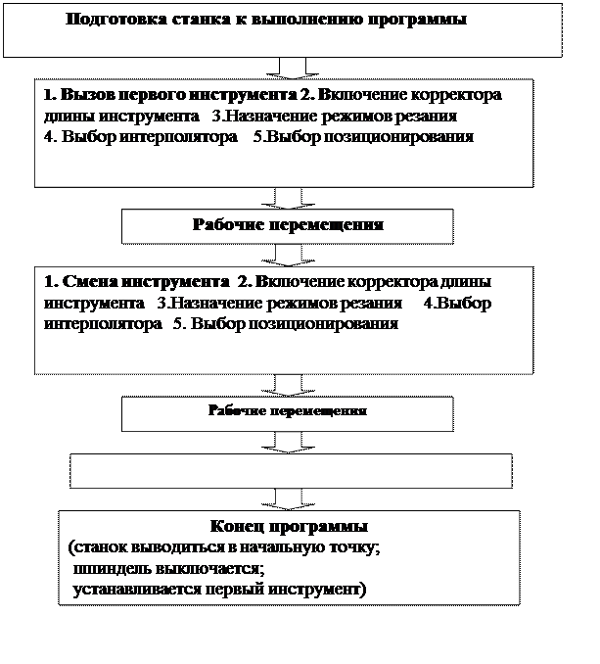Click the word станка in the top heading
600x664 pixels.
(186, 20)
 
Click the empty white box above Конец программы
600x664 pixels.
(291, 470)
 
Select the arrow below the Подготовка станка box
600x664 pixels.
(291, 67)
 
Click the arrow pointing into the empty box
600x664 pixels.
(291, 442)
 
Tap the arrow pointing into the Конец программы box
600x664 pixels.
(291, 498)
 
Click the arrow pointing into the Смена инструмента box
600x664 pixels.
(291, 254)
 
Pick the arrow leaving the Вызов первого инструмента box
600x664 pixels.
(291, 197)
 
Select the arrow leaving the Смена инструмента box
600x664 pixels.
(291, 384)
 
